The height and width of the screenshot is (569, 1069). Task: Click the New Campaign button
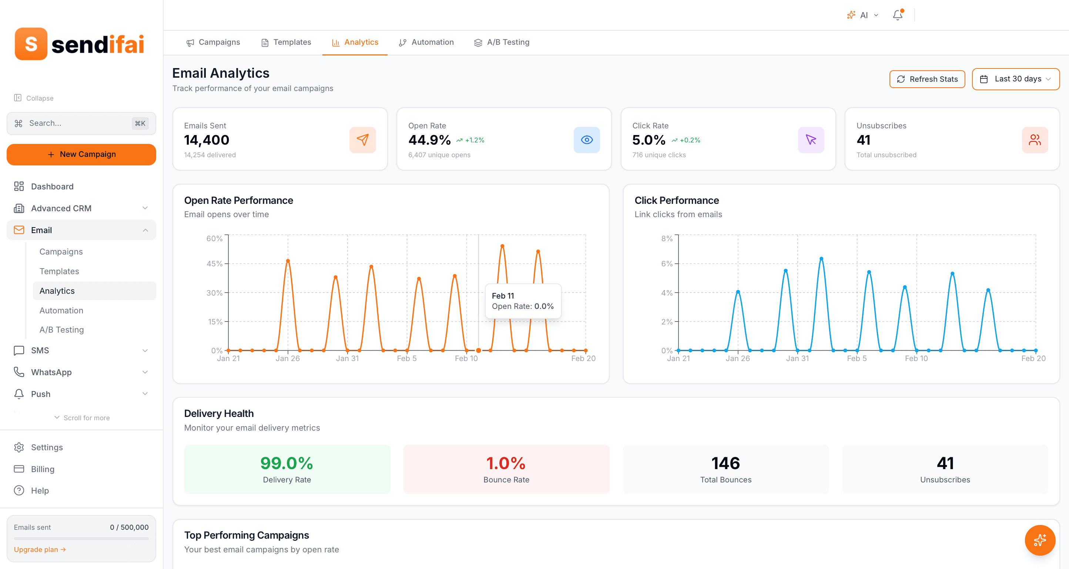(81, 154)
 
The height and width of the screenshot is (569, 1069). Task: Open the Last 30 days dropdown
(1015, 79)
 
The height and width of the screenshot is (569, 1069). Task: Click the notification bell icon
(897, 15)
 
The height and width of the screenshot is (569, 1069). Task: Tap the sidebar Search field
(81, 123)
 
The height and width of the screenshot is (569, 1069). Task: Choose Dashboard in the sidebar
(52, 186)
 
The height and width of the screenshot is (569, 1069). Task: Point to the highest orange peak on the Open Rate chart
(502, 246)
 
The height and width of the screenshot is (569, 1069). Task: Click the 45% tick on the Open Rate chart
(215, 264)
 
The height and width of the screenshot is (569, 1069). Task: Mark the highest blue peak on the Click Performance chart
(821, 259)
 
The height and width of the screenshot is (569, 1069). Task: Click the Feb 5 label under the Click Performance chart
(857, 358)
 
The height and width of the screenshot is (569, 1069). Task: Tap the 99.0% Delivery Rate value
(286, 463)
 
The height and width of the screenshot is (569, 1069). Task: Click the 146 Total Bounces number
(725, 463)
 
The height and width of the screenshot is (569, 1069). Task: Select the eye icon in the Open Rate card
(586, 140)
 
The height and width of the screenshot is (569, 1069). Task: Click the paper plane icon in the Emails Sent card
(362, 140)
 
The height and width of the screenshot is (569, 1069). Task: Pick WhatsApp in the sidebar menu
(51, 372)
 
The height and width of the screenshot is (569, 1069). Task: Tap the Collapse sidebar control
(34, 98)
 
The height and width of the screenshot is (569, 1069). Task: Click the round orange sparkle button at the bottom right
(1039, 540)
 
